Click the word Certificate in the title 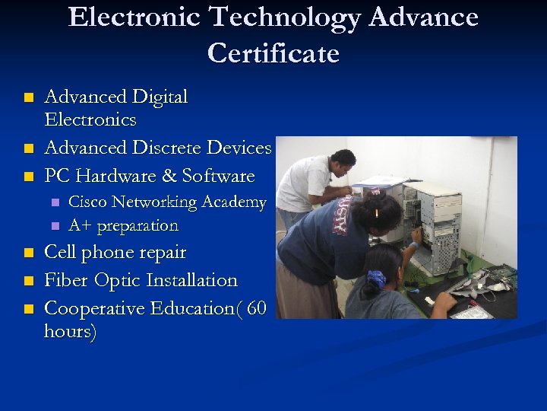click(273, 53)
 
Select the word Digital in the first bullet click(160, 97)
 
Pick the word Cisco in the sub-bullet click(88, 202)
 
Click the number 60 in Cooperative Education click(257, 308)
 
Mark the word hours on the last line click(70, 333)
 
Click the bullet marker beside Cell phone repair click(28, 253)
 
